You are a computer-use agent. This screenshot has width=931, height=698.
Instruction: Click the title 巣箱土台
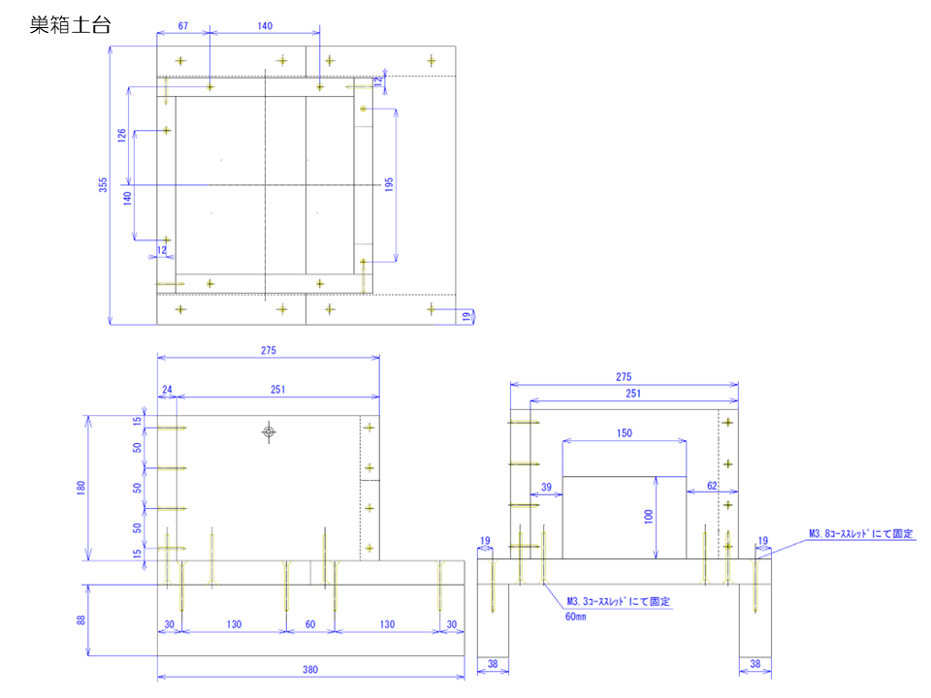tap(70, 25)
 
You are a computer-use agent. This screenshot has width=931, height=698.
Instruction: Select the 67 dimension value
tap(182, 26)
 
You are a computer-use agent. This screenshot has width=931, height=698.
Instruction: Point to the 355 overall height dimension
tap(103, 185)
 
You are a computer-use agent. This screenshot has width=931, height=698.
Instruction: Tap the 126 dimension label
tap(122, 136)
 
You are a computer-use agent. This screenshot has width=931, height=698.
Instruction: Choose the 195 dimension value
tap(389, 185)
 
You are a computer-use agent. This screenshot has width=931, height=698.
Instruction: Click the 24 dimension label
tap(167, 390)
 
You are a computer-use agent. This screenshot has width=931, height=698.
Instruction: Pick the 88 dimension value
tap(82, 620)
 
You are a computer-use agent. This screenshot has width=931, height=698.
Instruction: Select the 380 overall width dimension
tap(310, 669)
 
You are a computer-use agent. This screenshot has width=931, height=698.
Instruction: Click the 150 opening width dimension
tap(625, 433)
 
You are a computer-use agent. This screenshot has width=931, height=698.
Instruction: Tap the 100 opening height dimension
tap(648, 517)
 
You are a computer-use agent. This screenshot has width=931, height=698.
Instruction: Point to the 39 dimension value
tap(546, 487)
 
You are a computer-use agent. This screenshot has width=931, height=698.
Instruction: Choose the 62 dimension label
tap(712, 487)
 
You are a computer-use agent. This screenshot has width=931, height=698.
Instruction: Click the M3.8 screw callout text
tap(861, 533)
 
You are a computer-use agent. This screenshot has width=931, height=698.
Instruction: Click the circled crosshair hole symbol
tap(269, 431)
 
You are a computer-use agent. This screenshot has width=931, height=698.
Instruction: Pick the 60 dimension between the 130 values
tap(310, 624)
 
